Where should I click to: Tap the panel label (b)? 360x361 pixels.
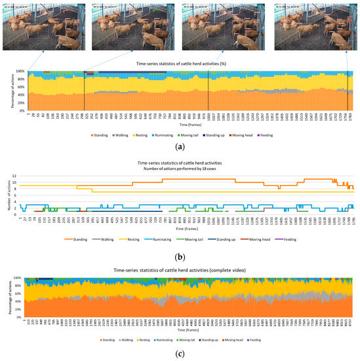(x=180, y=252)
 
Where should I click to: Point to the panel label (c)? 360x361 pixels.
(x=180, y=354)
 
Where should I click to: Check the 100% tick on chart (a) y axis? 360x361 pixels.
(x=20, y=72)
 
